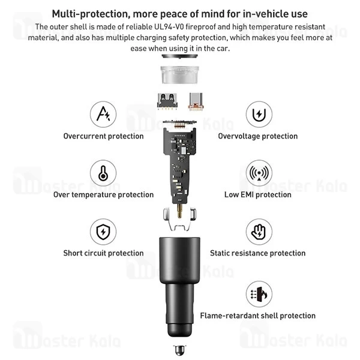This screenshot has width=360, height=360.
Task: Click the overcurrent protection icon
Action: (103, 114)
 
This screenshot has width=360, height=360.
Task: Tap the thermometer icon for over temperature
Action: (103, 173)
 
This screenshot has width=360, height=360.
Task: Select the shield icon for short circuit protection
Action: (103, 232)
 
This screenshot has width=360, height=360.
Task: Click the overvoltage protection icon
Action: (259, 114)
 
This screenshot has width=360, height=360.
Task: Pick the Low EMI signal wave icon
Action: (259, 173)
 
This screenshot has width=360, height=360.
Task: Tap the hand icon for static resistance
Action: (259, 232)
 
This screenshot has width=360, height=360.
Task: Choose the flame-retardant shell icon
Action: (259, 294)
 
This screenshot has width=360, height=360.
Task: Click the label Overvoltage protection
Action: (258, 136)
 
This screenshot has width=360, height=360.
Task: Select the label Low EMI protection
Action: (258, 194)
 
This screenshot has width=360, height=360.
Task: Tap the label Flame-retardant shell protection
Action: (258, 316)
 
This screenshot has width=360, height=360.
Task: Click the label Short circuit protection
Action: (104, 253)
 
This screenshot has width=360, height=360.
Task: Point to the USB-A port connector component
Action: (167, 101)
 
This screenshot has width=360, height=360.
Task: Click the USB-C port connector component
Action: (196, 101)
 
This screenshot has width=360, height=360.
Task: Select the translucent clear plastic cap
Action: (179, 75)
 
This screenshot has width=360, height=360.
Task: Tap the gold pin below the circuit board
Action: (179, 211)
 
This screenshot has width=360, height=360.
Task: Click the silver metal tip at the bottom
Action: (179, 350)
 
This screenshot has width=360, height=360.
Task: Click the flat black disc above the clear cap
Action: (179, 56)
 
